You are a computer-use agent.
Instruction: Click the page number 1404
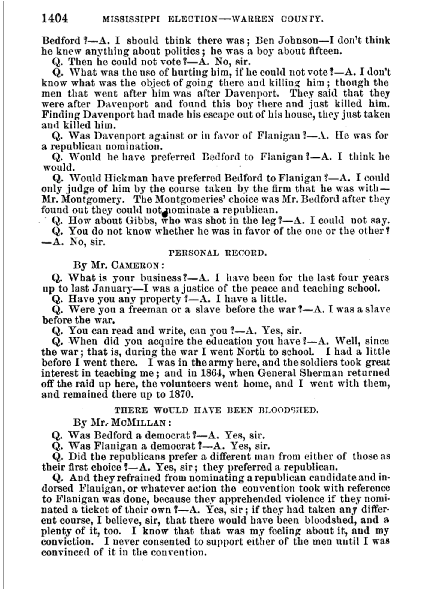coord(55,19)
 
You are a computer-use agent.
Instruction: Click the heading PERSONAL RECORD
coord(218,253)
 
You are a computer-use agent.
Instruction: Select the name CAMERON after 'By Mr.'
coord(135,265)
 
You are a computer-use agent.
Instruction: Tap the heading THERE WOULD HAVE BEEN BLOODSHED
coord(216,410)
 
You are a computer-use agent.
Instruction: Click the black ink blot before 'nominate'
coord(164,214)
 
